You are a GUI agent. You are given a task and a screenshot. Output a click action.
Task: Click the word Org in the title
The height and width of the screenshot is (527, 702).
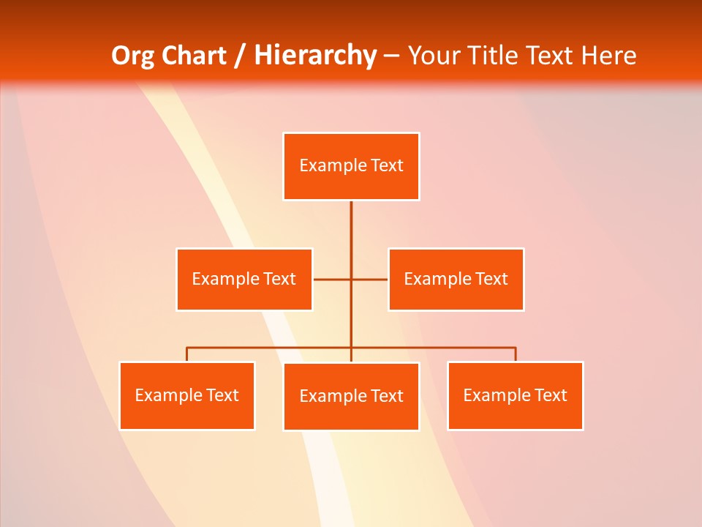click(133, 56)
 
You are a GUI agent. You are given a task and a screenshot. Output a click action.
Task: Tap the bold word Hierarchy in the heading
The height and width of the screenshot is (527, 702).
click(315, 56)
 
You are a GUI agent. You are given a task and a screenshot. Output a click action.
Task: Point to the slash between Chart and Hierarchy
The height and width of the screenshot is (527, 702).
click(241, 56)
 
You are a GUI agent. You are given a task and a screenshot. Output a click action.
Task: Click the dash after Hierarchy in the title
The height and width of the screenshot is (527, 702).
click(391, 56)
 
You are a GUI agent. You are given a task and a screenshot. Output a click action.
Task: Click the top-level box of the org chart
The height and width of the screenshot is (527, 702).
click(351, 166)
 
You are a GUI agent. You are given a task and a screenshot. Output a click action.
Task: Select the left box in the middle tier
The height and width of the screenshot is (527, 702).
click(244, 280)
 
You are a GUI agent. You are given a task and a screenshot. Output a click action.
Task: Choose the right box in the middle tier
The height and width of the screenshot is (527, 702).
click(456, 280)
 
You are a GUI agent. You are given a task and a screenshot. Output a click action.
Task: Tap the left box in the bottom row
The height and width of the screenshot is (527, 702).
click(186, 396)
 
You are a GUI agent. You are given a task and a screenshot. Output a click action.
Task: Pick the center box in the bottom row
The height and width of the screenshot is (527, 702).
click(351, 397)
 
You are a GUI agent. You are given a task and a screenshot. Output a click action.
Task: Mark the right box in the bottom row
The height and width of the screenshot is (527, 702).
click(515, 396)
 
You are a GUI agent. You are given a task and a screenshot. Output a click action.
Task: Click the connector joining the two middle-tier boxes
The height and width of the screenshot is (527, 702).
click(369, 280)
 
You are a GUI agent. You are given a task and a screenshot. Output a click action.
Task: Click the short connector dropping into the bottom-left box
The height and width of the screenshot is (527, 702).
click(186, 354)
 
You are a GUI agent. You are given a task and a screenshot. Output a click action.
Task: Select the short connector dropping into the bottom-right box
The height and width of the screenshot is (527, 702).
click(516, 354)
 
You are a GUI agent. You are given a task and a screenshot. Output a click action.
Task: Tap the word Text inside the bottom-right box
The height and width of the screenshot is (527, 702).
click(551, 395)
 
